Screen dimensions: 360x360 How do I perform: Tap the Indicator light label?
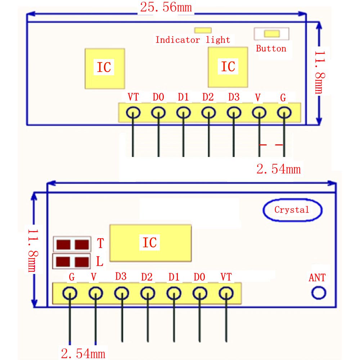pos(193,40)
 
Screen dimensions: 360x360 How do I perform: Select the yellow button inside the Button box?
pos(272,33)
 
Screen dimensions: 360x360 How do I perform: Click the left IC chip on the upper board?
pos(104,68)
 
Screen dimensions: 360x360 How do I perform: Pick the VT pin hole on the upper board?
pos(133,113)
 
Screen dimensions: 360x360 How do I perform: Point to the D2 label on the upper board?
pos(208,97)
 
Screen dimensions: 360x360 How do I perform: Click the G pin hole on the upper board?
pos(284,113)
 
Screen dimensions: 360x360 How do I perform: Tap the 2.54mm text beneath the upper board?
pos(278,169)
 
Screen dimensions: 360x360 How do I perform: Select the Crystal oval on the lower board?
pos(292,210)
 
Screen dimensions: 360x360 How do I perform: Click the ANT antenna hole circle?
pos(318,293)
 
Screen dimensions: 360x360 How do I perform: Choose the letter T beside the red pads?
pos(100,244)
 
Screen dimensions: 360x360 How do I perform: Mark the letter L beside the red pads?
pos(100,261)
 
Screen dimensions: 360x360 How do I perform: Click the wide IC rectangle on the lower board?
pos(150,243)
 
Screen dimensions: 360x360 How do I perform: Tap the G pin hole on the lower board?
pos(70,293)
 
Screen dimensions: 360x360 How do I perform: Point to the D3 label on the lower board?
pos(121,276)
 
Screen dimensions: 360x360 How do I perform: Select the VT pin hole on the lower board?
pos(225,293)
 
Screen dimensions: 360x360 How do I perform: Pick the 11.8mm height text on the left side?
pos(33,250)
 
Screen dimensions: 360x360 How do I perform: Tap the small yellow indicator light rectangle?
pos(203,30)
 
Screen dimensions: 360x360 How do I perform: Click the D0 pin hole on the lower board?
pos(199,293)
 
